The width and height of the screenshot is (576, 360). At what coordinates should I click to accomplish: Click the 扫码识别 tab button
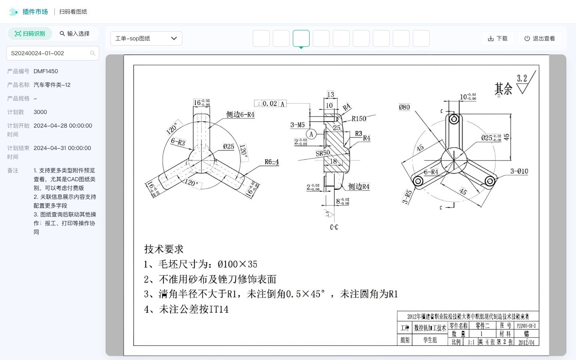click(x=30, y=34)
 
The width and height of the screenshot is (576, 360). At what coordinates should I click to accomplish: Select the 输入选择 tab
click(x=74, y=34)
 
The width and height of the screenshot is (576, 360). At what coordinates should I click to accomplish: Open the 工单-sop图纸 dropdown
click(x=146, y=38)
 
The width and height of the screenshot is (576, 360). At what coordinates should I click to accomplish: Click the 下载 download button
click(x=498, y=38)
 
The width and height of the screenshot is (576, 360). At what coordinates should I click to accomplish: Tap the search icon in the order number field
click(x=93, y=53)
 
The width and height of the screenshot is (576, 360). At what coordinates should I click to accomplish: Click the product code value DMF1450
click(x=46, y=71)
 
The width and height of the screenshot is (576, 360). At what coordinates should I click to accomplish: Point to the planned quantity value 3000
click(x=40, y=112)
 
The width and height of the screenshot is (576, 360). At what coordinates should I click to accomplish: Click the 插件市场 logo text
click(x=35, y=12)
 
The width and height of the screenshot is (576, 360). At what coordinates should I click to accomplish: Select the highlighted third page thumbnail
click(x=301, y=38)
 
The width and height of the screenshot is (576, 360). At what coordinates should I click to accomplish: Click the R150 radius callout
click(x=359, y=119)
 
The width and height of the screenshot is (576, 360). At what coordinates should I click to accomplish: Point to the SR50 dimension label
click(x=323, y=153)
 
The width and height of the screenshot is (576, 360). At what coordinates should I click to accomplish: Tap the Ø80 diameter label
click(x=404, y=107)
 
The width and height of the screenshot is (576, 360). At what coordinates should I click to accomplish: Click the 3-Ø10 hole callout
click(x=519, y=171)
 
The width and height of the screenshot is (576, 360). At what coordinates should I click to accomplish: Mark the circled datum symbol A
click(x=311, y=134)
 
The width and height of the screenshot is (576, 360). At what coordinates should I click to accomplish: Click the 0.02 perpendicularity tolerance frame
click(x=270, y=104)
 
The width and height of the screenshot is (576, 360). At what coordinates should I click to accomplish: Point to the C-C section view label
click(x=334, y=227)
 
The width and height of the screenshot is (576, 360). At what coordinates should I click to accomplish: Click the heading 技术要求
click(x=164, y=249)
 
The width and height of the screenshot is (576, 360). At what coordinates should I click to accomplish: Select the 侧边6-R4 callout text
click(x=240, y=114)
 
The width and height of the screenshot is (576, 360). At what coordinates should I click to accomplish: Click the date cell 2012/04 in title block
click(x=526, y=342)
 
